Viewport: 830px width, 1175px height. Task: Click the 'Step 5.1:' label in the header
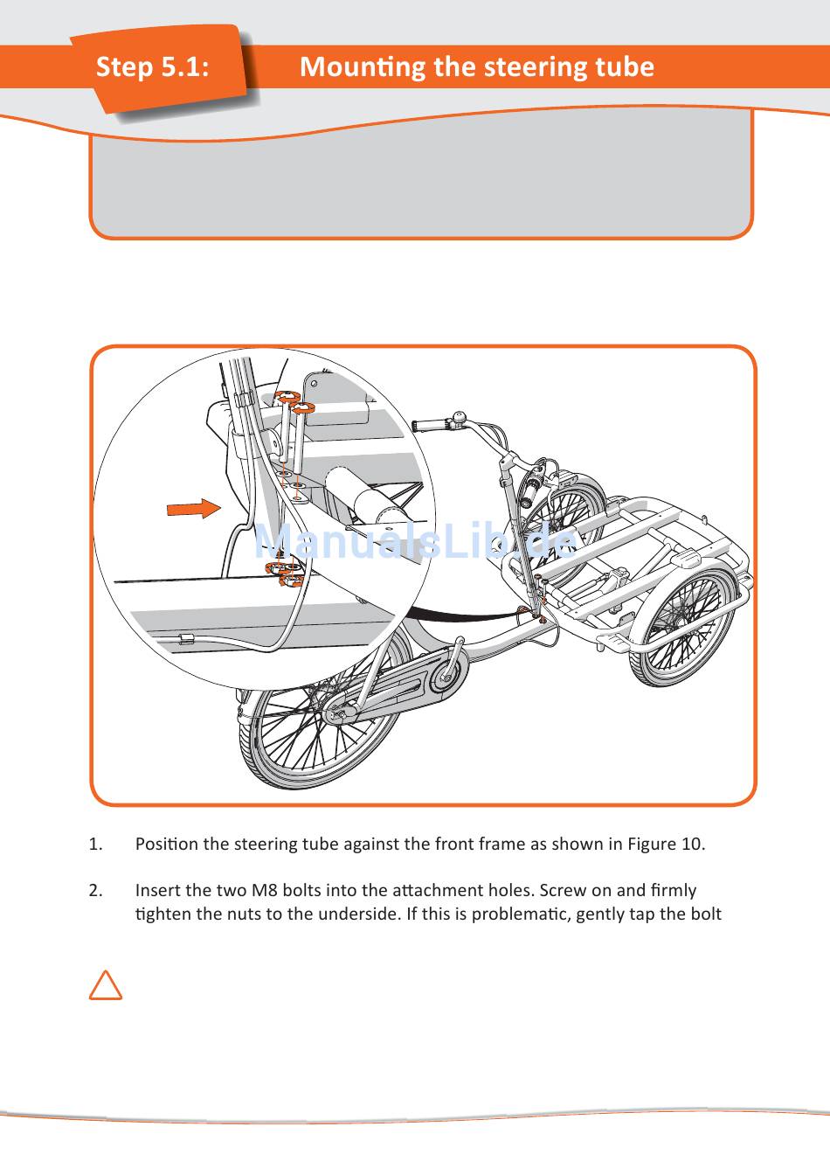click(x=153, y=66)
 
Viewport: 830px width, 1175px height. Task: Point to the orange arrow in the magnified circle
click(x=194, y=508)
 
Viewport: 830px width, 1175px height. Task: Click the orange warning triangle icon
click(x=106, y=985)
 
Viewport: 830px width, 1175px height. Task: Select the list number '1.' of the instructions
click(x=96, y=845)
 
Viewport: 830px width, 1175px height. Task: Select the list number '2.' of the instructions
click(x=96, y=891)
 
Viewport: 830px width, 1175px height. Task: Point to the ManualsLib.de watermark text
click(x=416, y=543)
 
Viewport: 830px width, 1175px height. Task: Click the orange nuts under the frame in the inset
click(x=284, y=574)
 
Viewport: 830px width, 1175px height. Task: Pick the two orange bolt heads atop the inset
click(x=294, y=403)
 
